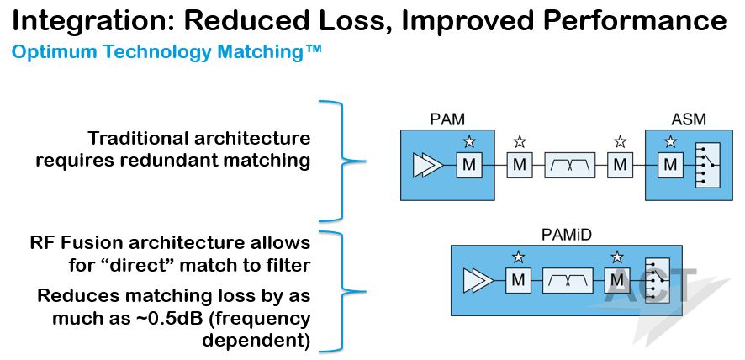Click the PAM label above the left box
point(446,119)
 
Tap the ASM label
point(689,119)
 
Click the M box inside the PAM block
point(469,165)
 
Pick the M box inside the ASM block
point(670,165)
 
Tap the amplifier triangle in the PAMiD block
point(478,281)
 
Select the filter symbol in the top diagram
point(569,165)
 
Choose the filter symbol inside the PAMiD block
point(568,281)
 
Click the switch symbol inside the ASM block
point(707,166)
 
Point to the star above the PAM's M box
point(469,141)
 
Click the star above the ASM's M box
point(670,141)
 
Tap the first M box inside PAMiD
point(518,281)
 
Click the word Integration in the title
point(92,22)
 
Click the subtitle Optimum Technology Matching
point(166,51)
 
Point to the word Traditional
point(137,139)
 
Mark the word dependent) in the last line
point(256,341)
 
